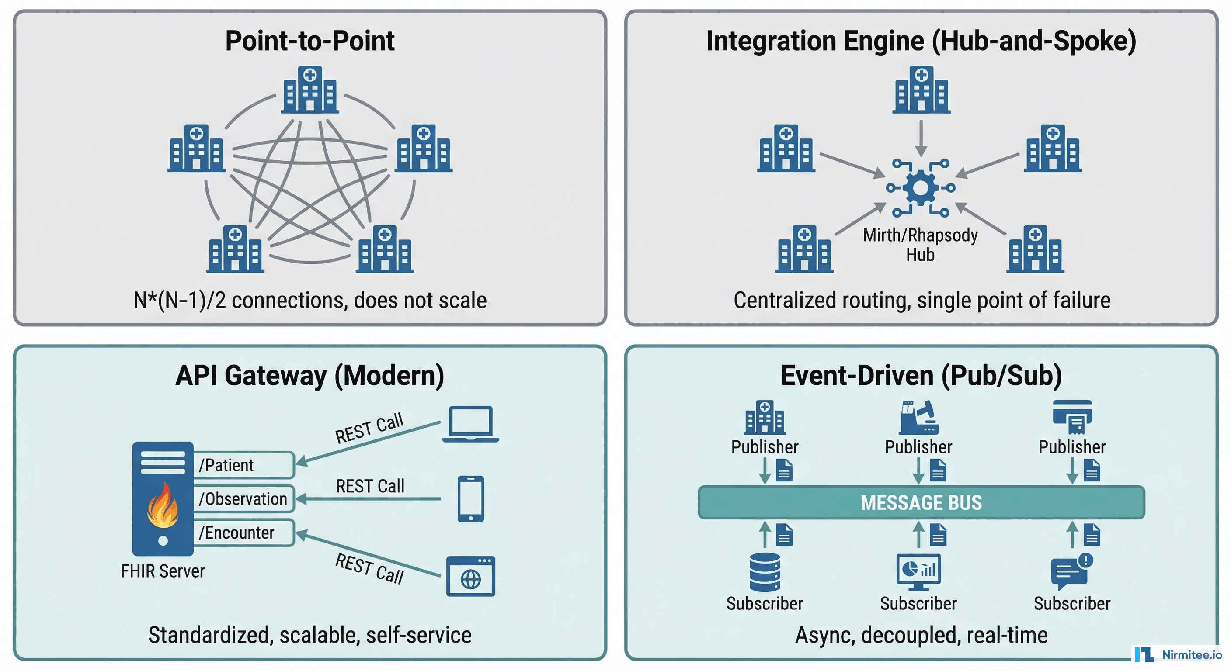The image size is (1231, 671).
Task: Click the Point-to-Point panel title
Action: (309, 41)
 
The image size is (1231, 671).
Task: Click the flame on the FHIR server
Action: (163, 506)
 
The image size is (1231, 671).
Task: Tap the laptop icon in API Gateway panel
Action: (471, 424)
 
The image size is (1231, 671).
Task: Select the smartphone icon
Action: (471, 498)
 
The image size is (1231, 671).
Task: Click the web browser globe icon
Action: (471, 577)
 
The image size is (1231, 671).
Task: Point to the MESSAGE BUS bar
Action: (921, 502)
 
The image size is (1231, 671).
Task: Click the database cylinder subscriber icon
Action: (765, 572)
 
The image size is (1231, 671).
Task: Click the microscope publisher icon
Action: (918, 417)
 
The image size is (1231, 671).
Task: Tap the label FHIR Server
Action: (163, 571)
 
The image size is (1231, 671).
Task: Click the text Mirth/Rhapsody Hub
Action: (920, 245)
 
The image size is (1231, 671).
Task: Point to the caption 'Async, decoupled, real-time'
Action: (921, 635)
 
